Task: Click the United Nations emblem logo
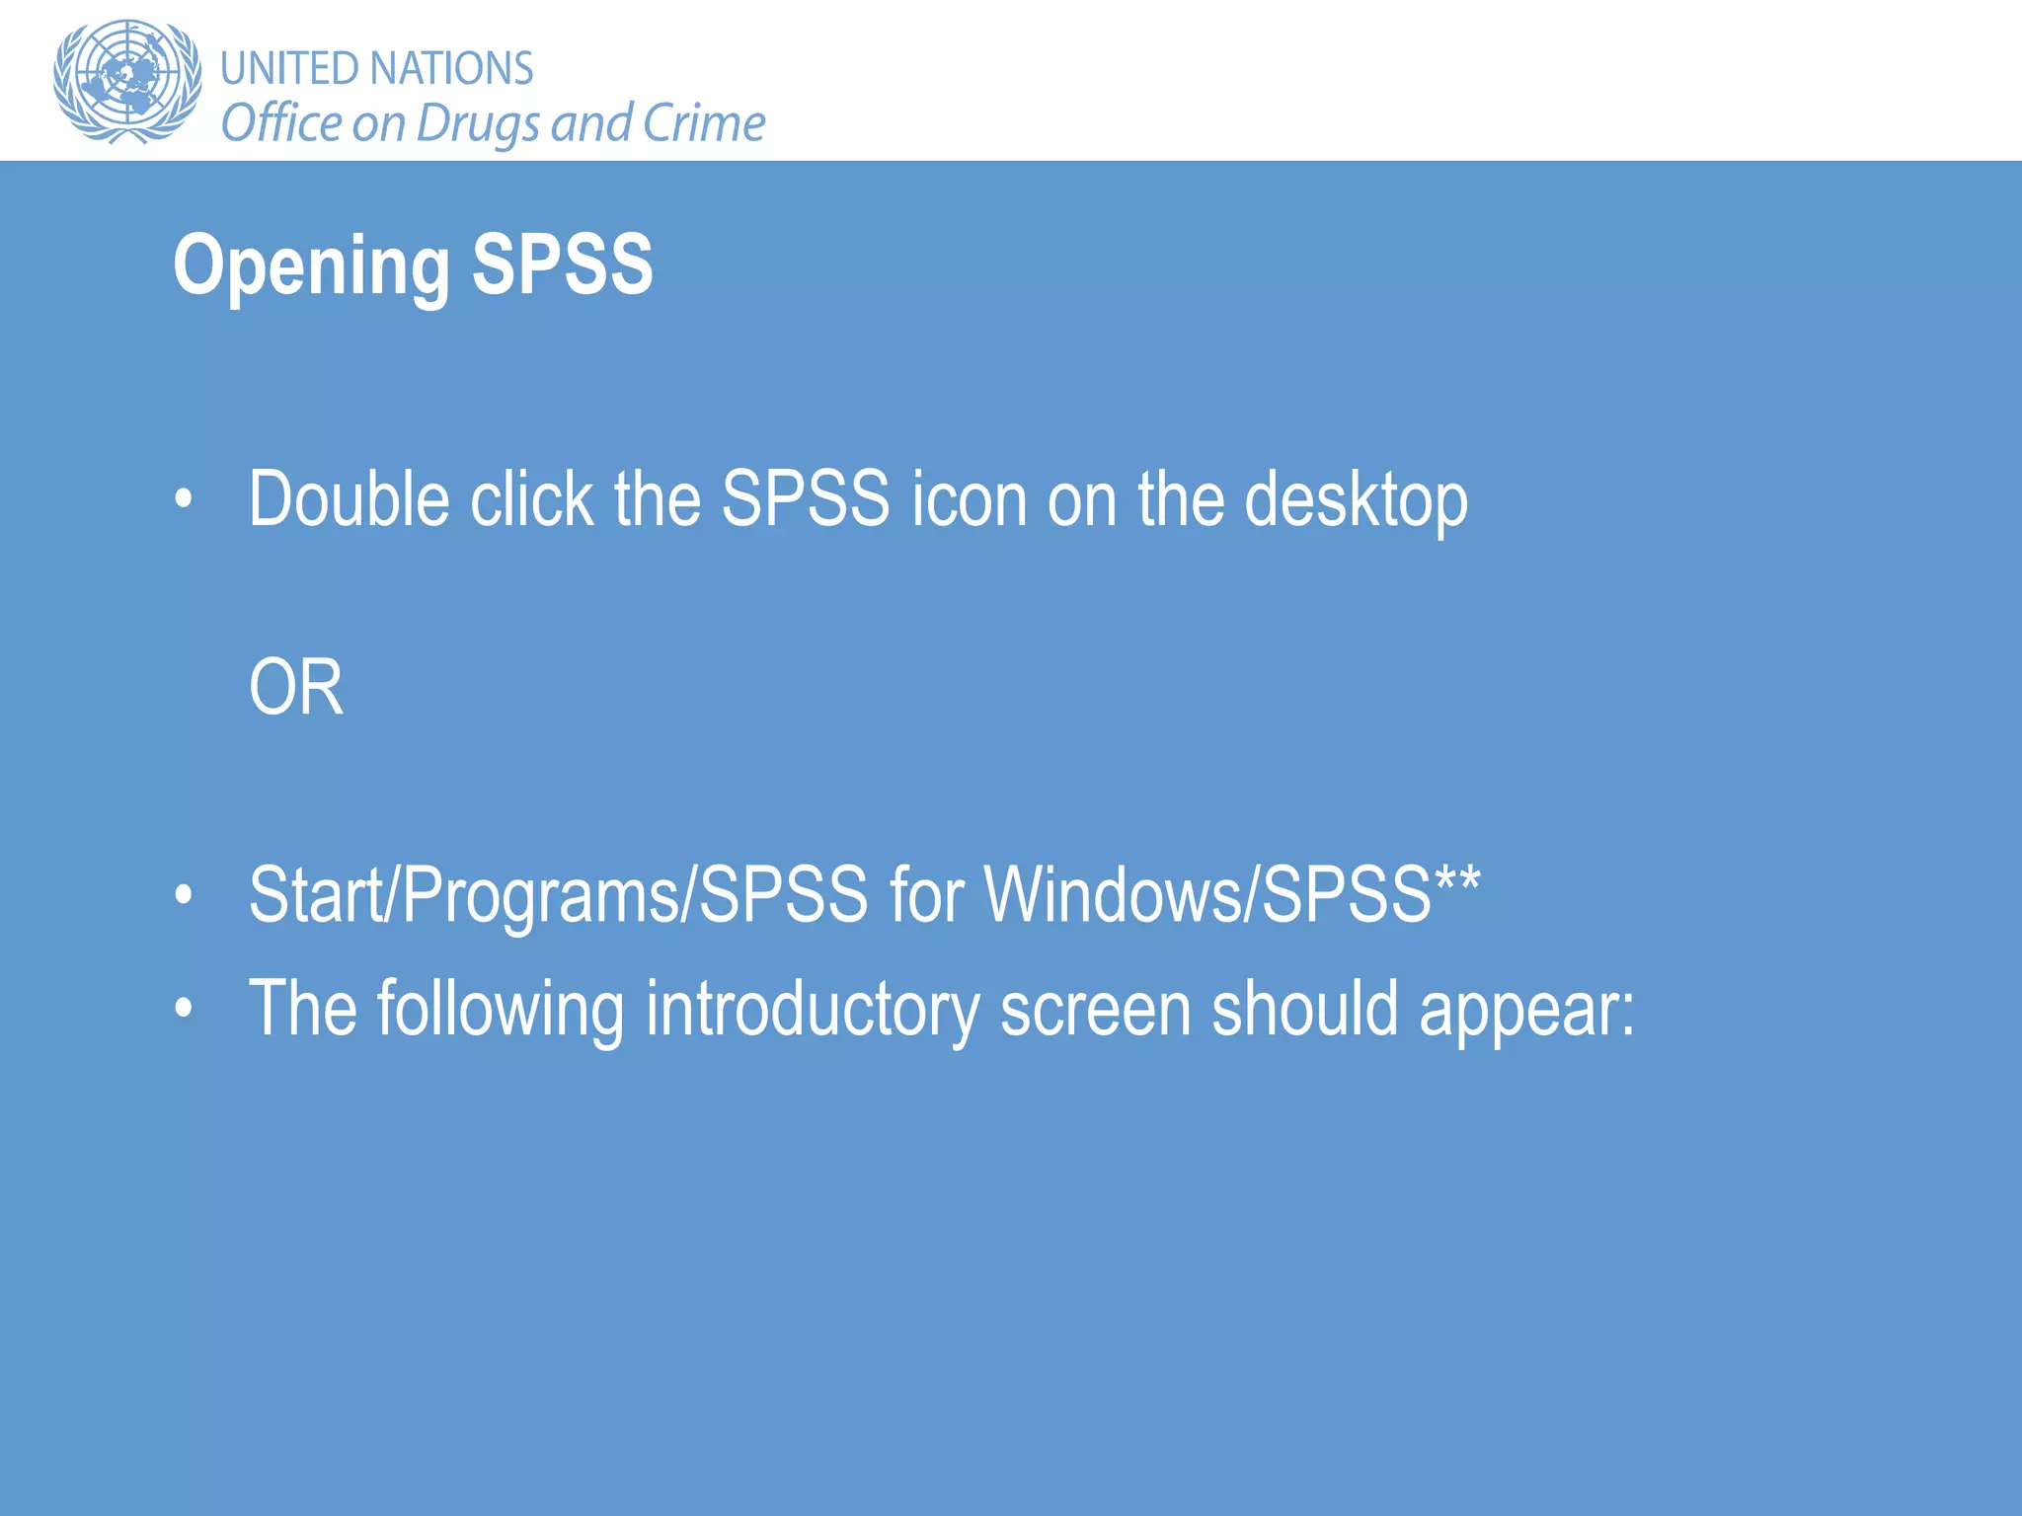pyautogui.click(x=126, y=81)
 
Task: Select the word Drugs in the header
pyautogui.click(x=478, y=124)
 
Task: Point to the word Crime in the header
pyautogui.click(x=703, y=123)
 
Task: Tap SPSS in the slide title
pyautogui.click(x=562, y=265)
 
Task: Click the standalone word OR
pyautogui.click(x=296, y=688)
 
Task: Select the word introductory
pyautogui.click(x=812, y=1009)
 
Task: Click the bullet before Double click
pyautogui.click(x=184, y=500)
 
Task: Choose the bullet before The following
pyautogui.click(x=184, y=1010)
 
